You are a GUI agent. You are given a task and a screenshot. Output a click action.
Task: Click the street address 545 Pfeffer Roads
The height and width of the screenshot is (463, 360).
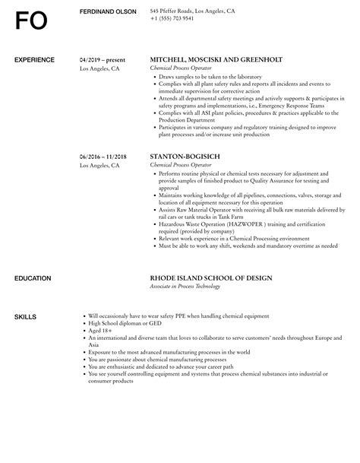[x=172, y=11]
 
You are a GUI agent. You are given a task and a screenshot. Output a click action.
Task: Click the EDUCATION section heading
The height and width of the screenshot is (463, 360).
[x=33, y=279]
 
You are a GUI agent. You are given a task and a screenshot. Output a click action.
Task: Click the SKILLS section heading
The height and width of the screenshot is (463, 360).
[x=27, y=316]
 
